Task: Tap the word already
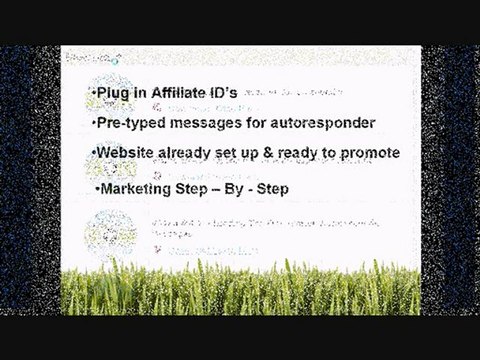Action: point(190,153)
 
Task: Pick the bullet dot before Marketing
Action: point(96,187)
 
